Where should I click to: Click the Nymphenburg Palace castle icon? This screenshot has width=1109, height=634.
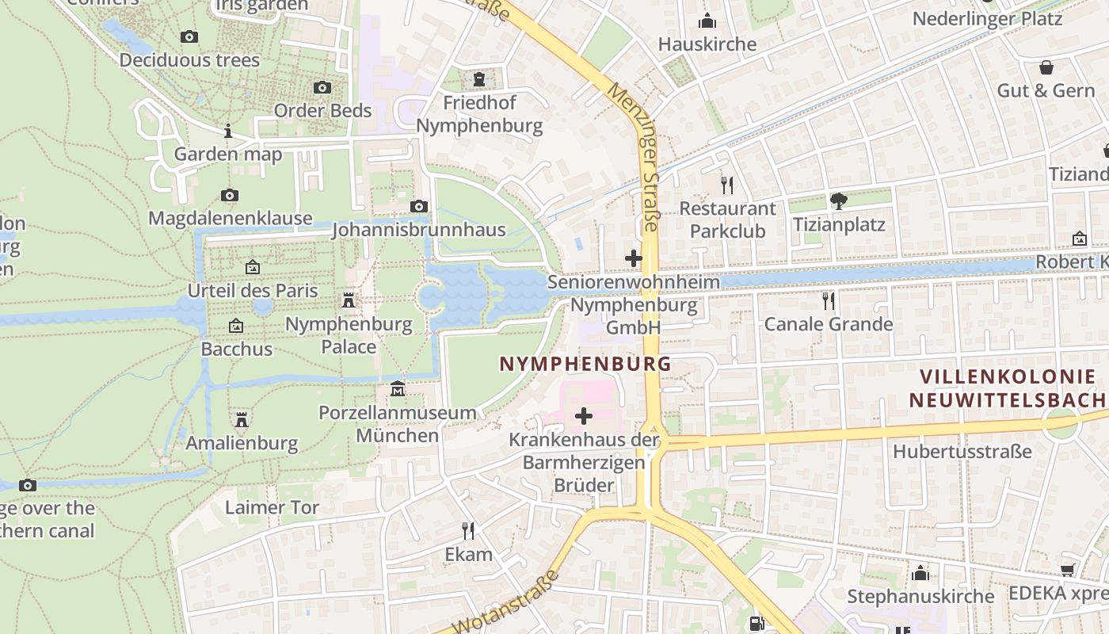click(348, 300)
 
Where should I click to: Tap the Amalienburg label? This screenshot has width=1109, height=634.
click(242, 443)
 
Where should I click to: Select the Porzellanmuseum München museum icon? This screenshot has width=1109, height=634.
click(398, 389)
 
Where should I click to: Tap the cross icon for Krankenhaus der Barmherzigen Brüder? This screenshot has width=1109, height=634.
click(584, 415)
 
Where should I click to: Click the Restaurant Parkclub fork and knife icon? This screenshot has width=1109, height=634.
click(727, 185)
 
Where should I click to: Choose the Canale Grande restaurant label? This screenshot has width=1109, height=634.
click(828, 324)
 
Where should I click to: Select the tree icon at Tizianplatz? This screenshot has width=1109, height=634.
click(839, 201)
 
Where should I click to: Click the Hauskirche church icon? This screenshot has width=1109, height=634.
click(707, 21)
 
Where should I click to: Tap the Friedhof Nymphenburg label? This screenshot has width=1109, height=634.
click(479, 114)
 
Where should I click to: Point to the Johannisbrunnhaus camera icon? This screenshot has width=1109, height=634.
click(418, 207)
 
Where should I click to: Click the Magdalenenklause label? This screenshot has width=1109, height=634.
click(231, 218)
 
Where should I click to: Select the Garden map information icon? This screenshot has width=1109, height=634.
click(228, 131)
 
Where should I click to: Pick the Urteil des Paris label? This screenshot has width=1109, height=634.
click(253, 290)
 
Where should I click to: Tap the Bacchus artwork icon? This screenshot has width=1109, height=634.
click(236, 326)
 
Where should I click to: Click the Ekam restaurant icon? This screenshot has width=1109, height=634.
click(468, 530)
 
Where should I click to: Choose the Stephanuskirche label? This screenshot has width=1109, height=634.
click(920, 596)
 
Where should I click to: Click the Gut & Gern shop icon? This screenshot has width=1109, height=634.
click(1046, 67)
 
